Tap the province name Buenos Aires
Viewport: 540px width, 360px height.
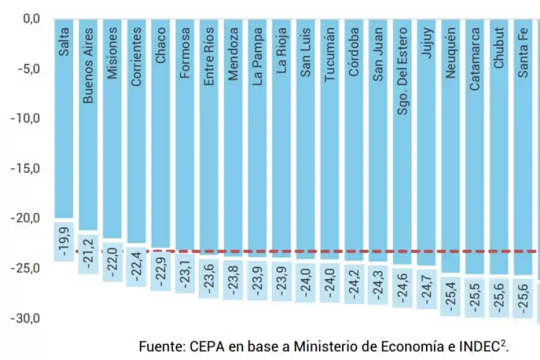88,65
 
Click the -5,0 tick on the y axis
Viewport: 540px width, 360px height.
28,69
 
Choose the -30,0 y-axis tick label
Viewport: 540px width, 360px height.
25,318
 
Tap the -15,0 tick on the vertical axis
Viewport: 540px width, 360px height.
25,169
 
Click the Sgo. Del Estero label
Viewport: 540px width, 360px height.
403,71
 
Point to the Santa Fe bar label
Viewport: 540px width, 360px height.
523,53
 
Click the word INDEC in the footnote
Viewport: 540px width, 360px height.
479,347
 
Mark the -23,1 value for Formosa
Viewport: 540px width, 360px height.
185,272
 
